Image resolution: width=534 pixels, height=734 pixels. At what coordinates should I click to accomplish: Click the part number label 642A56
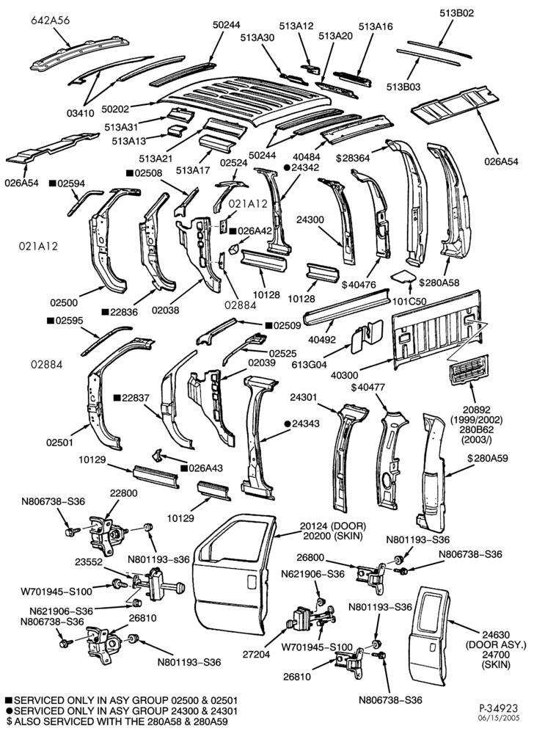pyautogui.click(x=51, y=20)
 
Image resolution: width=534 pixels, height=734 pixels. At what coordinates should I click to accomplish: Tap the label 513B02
pyautogui.click(x=456, y=13)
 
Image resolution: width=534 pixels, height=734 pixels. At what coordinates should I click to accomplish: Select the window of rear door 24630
pyautogui.click(x=431, y=613)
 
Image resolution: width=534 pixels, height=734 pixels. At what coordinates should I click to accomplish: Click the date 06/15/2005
pyautogui.click(x=501, y=718)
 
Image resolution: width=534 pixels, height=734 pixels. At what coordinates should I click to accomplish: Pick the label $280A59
pyautogui.click(x=487, y=458)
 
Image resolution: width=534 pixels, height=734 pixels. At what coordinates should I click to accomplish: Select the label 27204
pyautogui.click(x=256, y=655)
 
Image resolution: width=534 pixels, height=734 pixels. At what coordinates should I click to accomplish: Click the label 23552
pyautogui.click(x=88, y=562)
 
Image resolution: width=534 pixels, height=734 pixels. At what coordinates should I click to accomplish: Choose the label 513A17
pyautogui.click(x=193, y=170)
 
